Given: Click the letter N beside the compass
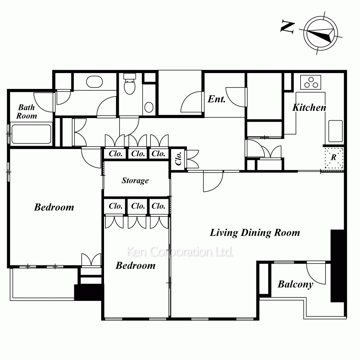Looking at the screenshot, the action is click(288, 27).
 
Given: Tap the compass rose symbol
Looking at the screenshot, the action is click(321, 33).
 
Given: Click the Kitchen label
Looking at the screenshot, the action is click(309, 107).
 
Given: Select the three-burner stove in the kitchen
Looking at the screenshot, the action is click(311, 82).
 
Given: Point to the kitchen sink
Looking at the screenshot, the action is click(336, 131).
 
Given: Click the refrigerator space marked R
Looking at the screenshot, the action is click(334, 158).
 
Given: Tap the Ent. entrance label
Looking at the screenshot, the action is click(216, 99).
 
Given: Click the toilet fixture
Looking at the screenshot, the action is click(130, 84).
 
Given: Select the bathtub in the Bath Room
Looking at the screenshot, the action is click(31, 134).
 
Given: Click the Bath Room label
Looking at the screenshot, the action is click(27, 112).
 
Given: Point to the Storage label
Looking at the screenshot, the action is click(135, 180).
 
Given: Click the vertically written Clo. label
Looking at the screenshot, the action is click(179, 158).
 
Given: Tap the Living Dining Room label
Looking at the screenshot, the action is click(255, 233).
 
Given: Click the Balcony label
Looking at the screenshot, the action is click(296, 284).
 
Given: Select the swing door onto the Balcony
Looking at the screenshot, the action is click(316, 273).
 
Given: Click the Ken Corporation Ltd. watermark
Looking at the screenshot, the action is click(180, 252).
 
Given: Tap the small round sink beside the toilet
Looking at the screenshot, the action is click(149, 107).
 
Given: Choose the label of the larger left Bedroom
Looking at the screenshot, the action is click(54, 207).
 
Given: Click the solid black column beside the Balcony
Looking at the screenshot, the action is click(337, 266).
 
